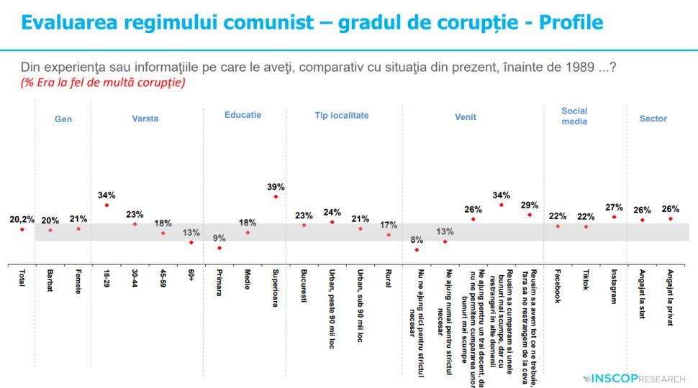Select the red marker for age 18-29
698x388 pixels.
pos(106,205)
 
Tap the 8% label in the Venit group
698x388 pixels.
pos(417,239)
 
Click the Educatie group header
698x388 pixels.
pos(243,115)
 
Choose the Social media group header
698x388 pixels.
pos(574,116)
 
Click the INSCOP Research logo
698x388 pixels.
pos(634,377)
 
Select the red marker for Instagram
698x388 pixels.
pos(614,216)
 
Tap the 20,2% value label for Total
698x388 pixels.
pos(22,218)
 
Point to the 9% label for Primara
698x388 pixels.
pos(219,238)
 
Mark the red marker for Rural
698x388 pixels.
pos(389,234)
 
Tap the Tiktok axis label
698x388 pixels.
pos(586,281)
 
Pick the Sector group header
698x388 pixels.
pos(653,119)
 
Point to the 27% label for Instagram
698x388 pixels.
pos(614,206)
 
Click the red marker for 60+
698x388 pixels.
pos(191,242)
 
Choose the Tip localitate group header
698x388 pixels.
pos(342,115)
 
